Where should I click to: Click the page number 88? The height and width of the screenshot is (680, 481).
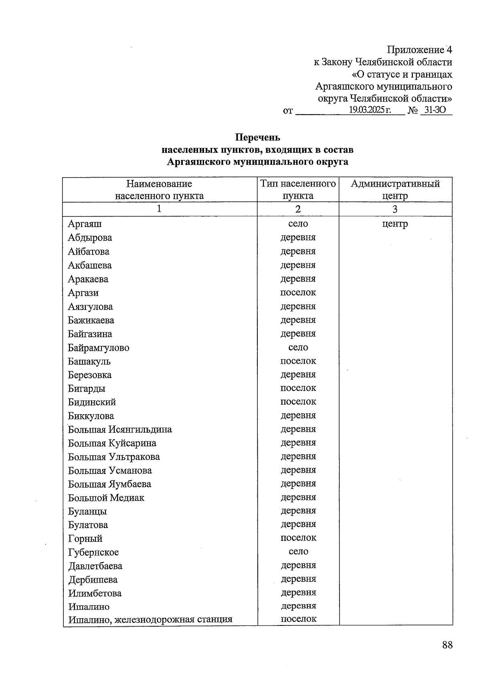pyautogui.click(x=447, y=645)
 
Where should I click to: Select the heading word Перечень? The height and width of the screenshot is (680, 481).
pyautogui.click(x=257, y=138)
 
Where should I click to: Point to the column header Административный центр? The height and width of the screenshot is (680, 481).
pyautogui.click(x=395, y=190)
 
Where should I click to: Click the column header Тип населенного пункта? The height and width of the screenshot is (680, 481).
pyautogui.click(x=298, y=190)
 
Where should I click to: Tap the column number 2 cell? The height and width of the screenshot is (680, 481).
pyautogui.click(x=298, y=209)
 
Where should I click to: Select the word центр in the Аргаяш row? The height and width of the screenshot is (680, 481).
pyautogui.click(x=395, y=224)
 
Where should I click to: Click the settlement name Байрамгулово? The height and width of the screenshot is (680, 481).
pyautogui.click(x=99, y=348)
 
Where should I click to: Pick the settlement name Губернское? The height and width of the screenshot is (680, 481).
pyautogui.click(x=93, y=552)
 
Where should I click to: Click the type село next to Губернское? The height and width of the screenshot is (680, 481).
pyautogui.click(x=298, y=551)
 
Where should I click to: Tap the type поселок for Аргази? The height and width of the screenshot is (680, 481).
pyautogui.click(x=298, y=292)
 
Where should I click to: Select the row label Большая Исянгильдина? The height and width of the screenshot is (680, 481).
pyautogui.click(x=120, y=429)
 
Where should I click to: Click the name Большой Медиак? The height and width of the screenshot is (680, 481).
pyautogui.click(x=106, y=498)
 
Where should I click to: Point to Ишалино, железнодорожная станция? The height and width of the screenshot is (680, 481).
pyautogui.click(x=150, y=619)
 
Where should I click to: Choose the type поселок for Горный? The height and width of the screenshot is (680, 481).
pyautogui.click(x=298, y=538)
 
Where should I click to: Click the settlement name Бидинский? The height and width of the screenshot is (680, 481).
pyautogui.click(x=92, y=402)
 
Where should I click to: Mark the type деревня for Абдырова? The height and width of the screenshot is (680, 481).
pyautogui.click(x=298, y=237)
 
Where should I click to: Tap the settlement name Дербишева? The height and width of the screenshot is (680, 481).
pyautogui.click(x=93, y=579)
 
